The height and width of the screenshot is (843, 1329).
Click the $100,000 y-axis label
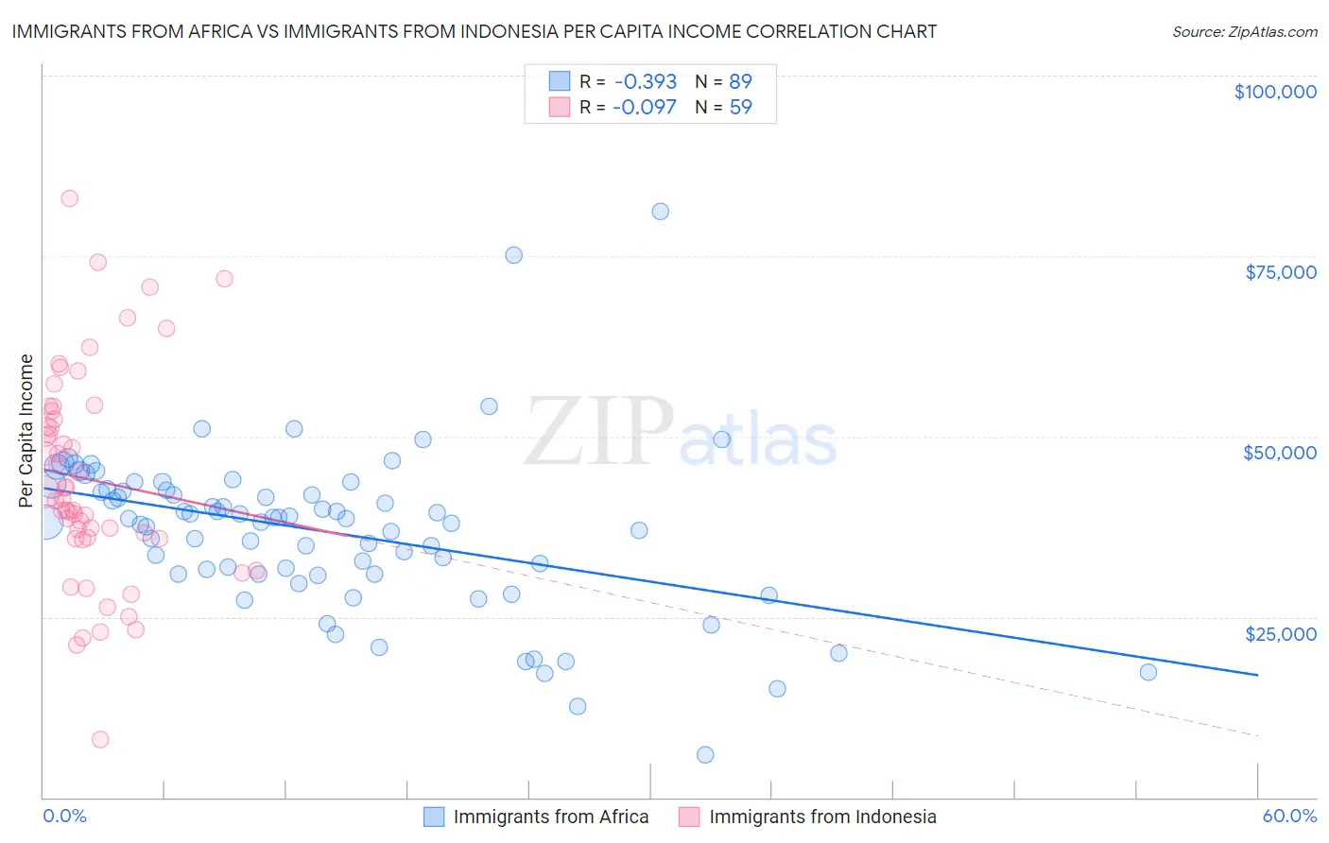tap(1274, 92)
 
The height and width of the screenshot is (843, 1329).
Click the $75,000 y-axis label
tap(1280, 272)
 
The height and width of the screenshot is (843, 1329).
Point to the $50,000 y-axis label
tap(1279, 453)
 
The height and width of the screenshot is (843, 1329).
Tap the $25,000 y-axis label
tap(1280, 633)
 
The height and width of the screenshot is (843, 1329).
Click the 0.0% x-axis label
tap(64, 816)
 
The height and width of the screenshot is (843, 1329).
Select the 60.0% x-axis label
tap(1288, 816)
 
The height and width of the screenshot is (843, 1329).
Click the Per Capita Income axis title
tap(26, 430)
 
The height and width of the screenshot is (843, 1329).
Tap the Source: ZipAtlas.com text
tap(1244, 32)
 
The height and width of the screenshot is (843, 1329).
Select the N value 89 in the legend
tap(740, 81)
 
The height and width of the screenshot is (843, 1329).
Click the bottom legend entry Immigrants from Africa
tap(550, 817)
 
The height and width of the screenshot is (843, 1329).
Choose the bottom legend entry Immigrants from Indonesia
tap(822, 817)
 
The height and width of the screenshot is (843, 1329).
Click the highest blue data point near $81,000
tap(660, 212)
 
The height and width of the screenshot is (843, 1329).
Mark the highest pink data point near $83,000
tap(69, 198)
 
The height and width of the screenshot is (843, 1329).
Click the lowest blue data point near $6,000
tap(705, 754)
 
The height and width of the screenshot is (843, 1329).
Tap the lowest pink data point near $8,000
tap(100, 739)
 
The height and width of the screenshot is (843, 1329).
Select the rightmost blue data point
tap(1148, 672)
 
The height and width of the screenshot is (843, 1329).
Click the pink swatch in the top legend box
tap(560, 107)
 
